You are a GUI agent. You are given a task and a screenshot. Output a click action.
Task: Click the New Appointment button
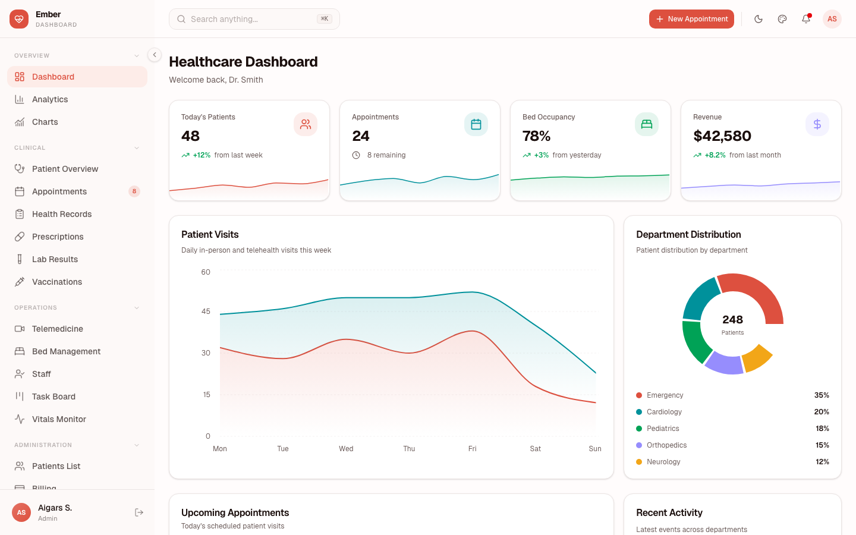pos(691,19)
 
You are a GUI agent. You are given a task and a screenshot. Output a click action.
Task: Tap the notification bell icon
pos(806,19)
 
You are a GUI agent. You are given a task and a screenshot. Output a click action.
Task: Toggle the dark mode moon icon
pos(759,19)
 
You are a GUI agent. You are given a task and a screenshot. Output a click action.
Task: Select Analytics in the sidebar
pos(50,99)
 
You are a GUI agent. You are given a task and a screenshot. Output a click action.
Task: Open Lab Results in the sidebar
pos(55,259)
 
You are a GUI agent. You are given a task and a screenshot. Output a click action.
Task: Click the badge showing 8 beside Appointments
pos(134,191)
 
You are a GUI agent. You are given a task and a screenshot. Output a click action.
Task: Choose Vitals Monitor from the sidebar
pos(59,419)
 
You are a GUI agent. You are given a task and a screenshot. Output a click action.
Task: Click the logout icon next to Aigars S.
pos(139,512)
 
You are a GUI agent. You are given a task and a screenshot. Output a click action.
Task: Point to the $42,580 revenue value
pos(722,136)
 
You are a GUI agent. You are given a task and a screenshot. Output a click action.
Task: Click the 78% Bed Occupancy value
pos(536,136)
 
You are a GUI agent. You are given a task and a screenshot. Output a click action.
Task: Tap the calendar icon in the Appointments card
pos(476,124)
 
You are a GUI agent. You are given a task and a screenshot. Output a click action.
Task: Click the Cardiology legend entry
pos(664,412)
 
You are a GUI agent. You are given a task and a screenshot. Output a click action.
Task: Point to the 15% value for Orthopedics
pos(822,445)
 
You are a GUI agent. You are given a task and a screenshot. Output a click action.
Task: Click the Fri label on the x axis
pos(472,449)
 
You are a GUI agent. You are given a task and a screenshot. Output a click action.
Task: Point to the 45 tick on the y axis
pos(206,311)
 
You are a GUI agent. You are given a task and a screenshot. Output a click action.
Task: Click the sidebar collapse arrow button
pos(155,55)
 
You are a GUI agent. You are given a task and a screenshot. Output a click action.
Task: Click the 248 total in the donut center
pos(732,320)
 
